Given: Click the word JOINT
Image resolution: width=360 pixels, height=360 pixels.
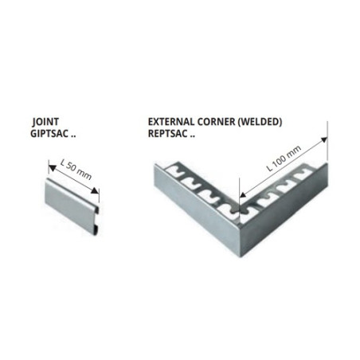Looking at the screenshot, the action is click(45, 122).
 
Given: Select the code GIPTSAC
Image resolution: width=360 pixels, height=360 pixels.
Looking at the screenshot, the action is click(49, 134).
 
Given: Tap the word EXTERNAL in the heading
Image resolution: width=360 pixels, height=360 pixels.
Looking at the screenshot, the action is click(171, 122).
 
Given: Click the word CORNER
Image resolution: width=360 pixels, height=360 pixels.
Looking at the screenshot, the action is click(216, 122).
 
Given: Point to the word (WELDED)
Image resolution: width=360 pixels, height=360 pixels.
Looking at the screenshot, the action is click(260, 122).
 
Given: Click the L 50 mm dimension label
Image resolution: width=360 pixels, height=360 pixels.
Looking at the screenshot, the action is click(76, 170).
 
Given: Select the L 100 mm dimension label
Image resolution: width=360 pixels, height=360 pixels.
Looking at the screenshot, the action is click(284, 158).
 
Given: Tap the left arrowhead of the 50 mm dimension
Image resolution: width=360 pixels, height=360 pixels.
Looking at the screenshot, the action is click(53, 168).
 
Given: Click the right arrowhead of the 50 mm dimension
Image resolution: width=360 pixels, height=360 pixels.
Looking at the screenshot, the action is click(96, 191).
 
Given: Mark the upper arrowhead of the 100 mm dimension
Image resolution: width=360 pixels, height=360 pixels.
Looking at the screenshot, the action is click(324, 139).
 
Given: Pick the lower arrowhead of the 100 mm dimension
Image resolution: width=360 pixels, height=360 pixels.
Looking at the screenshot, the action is click(243, 195).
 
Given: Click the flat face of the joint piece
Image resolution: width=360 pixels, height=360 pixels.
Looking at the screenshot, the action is click(69, 205).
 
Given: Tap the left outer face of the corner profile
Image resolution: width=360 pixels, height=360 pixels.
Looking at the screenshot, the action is click(197, 209).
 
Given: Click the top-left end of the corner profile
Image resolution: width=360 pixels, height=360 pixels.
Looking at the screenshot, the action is click(155, 165).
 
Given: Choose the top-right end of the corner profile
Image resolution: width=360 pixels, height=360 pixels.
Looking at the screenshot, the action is click(327, 165).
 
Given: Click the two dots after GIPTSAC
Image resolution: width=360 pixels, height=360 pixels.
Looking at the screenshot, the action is click(73, 136).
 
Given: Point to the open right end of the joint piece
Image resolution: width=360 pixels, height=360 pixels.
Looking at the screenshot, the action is click(96, 220).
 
